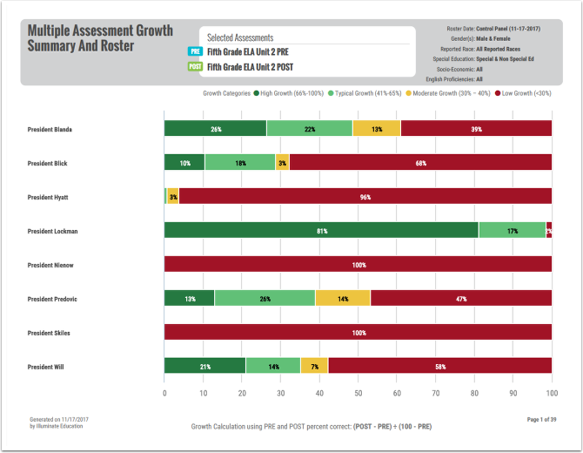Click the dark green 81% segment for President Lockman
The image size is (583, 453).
[321, 231]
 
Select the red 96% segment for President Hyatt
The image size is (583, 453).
[365, 197]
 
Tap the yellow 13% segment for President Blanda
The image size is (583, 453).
[377, 129]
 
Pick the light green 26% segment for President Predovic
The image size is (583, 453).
[265, 299]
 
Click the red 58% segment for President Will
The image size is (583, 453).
[440, 367]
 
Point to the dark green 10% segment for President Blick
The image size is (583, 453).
[184, 163]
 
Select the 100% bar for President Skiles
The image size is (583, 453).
[358, 333]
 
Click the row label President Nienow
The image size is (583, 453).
[50, 265]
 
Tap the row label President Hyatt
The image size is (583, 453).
[49, 197]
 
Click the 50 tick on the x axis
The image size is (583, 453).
[359, 393]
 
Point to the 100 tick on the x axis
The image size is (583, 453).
[552, 393]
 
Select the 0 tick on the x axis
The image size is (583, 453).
[164, 393]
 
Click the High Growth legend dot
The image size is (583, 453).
[257, 92]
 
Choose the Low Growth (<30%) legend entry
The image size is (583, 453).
[526, 92]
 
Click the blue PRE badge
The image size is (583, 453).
[195, 51]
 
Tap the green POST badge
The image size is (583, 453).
[195, 66]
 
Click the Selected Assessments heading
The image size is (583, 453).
[240, 37]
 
